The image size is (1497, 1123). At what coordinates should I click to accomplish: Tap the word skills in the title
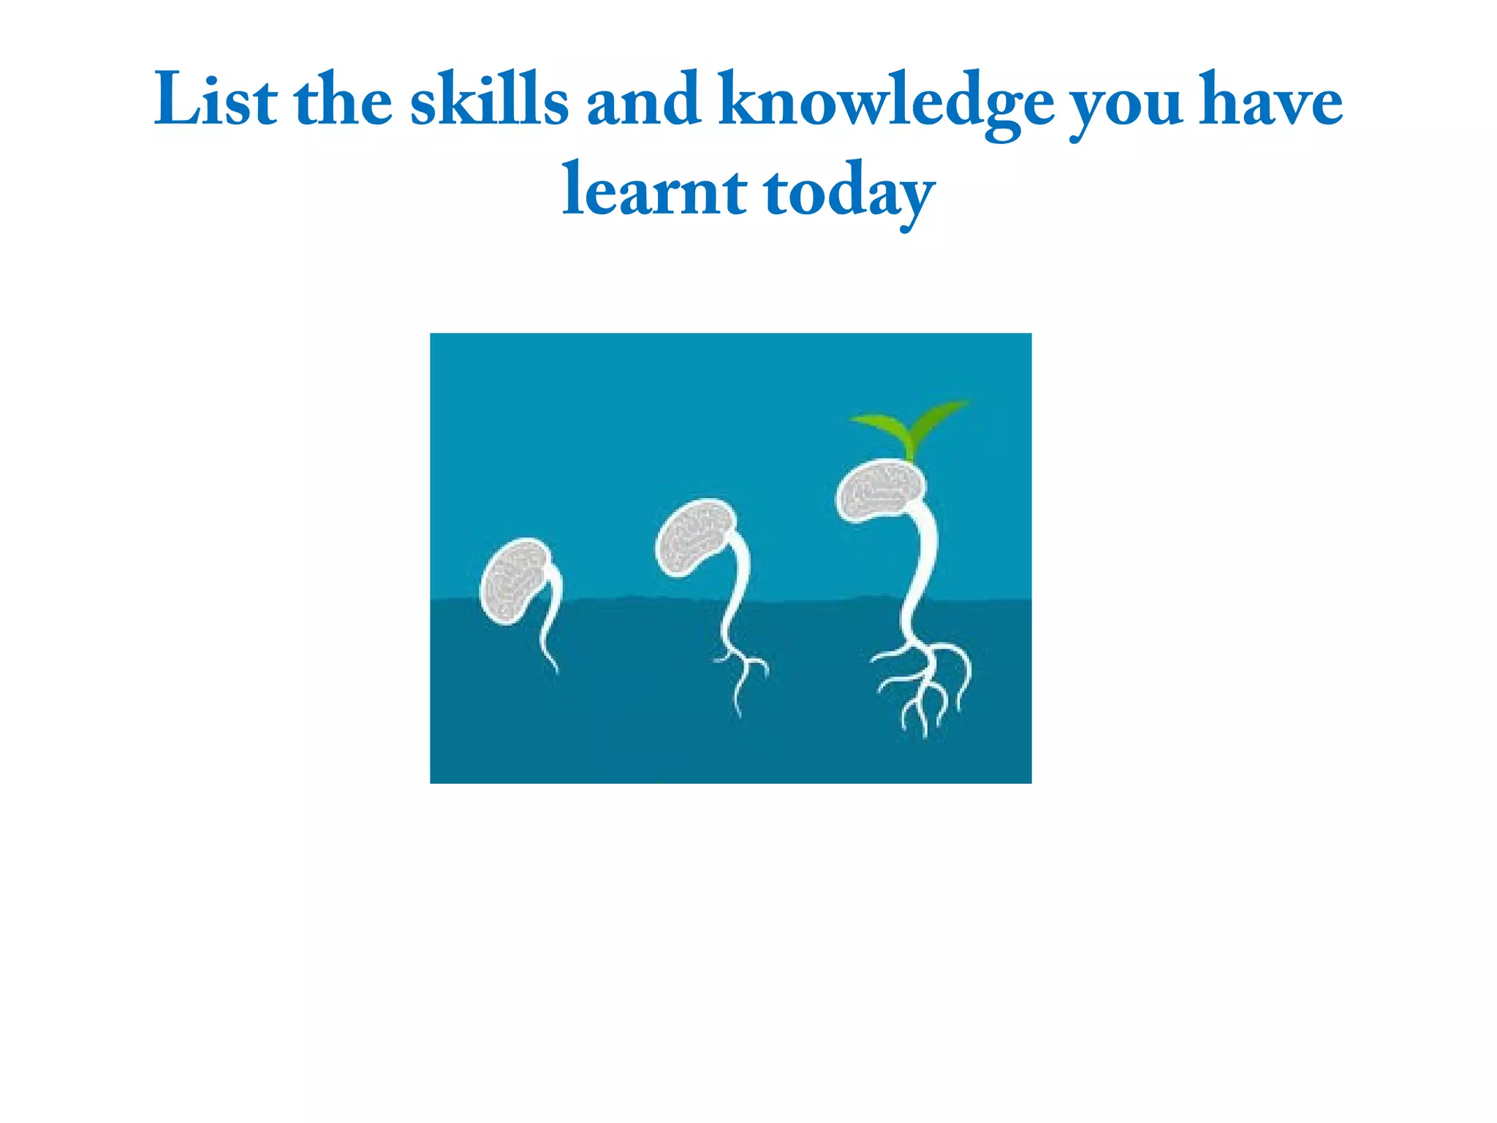coord(488,100)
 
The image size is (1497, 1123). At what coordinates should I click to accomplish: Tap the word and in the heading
coord(643,100)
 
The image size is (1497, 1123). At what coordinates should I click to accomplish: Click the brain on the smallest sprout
coord(513,581)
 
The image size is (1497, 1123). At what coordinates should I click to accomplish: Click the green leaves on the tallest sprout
coord(910,428)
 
